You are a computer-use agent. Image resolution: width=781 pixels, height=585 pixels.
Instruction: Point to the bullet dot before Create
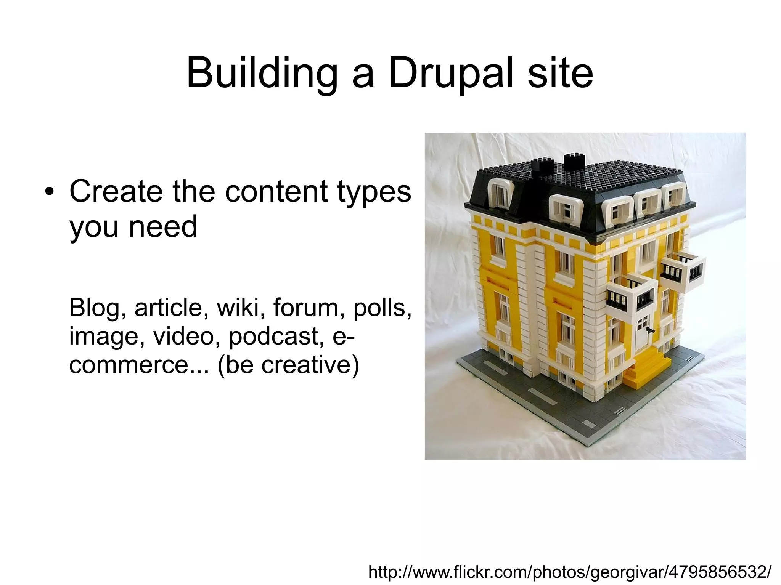(48, 192)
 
